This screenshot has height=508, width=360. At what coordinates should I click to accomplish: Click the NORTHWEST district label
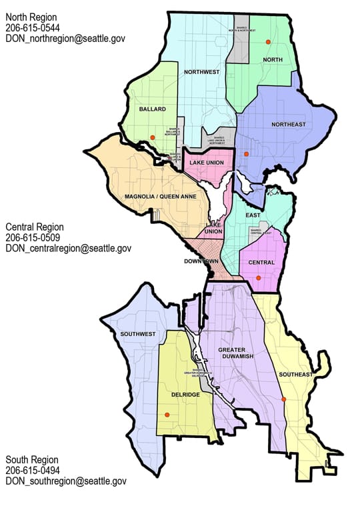202,72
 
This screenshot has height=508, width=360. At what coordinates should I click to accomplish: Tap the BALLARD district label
152,108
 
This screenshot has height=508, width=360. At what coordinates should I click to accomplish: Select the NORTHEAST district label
288,125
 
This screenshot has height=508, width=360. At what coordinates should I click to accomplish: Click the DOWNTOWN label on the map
201,261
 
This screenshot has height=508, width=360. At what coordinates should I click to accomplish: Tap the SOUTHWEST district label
138,333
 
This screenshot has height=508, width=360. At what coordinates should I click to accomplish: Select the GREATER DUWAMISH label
232,354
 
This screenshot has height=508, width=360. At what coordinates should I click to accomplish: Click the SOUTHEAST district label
296,375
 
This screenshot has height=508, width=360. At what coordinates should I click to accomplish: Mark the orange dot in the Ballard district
153,137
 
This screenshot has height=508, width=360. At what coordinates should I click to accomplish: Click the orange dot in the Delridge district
167,415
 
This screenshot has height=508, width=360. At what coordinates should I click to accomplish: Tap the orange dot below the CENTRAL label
259,277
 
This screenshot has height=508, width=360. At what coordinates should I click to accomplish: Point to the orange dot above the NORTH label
268,42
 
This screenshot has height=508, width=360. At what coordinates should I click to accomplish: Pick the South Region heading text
32,459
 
